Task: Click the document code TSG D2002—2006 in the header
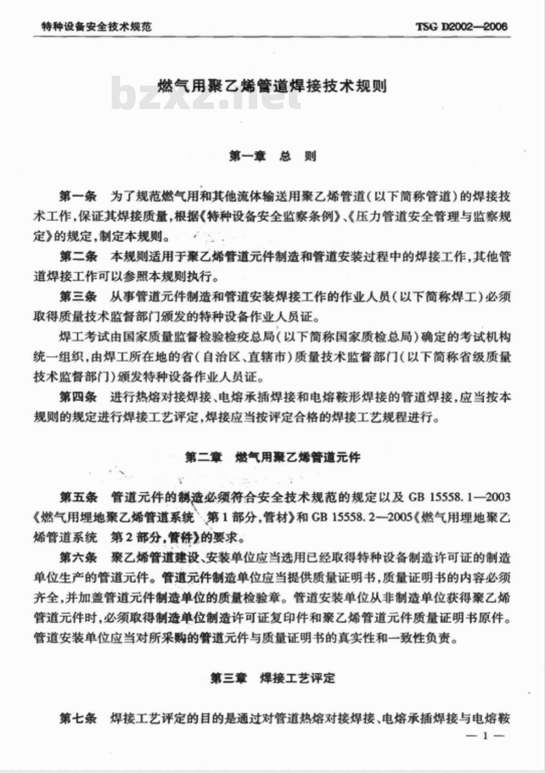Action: (x=461, y=26)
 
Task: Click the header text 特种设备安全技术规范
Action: (x=96, y=26)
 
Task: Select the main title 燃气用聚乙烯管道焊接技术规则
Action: (x=272, y=86)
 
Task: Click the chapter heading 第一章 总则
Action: (x=272, y=156)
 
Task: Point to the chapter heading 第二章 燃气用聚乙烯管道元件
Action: (x=272, y=457)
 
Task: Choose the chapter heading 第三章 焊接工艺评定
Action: (x=272, y=678)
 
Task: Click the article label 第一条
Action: (x=78, y=196)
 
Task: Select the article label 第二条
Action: (x=78, y=256)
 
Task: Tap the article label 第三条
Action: (x=78, y=297)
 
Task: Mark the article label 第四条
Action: (x=78, y=397)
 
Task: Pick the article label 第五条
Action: (x=78, y=497)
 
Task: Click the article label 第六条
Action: (x=78, y=557)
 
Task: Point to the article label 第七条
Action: (x=78, y=718)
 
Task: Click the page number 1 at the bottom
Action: (x=485, y=736)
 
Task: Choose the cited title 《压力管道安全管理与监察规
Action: (x=431, y=216)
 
